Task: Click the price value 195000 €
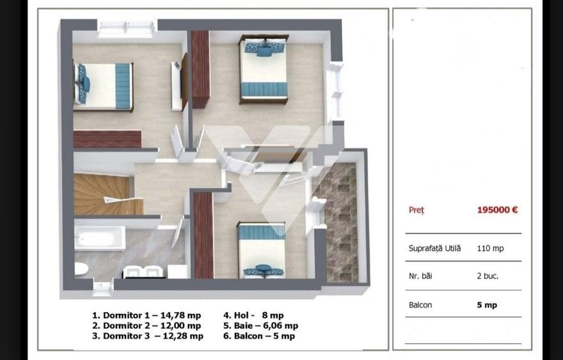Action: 497,210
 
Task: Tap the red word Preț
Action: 416,210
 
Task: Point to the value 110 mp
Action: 490,248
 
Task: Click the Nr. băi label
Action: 422,276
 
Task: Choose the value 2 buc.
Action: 488,276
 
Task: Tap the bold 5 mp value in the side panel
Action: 487,305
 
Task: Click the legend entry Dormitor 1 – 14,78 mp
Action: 147,315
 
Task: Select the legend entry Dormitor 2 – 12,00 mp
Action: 147,325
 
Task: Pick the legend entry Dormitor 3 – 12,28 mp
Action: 147,336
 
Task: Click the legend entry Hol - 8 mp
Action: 253,315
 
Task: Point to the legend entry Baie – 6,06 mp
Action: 260,325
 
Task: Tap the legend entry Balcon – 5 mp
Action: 259,336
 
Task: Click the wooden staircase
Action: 102,194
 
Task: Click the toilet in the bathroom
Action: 81,267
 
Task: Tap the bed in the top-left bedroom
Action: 104,86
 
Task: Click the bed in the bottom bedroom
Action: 262,250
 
